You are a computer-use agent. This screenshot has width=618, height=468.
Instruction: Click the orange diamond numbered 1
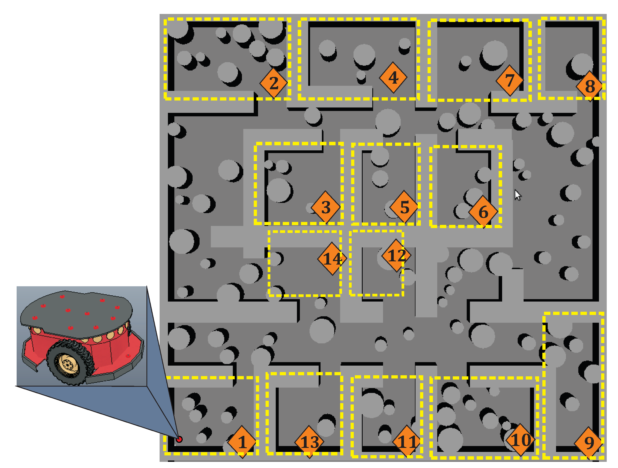242,442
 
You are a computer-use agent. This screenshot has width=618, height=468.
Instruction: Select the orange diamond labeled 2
274,83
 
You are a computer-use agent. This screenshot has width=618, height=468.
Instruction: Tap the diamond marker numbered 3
325,207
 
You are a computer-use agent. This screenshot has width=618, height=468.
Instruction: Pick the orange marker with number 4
393,77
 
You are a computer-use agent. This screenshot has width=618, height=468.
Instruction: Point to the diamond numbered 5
404,207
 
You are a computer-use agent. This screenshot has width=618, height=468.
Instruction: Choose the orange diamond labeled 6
483,212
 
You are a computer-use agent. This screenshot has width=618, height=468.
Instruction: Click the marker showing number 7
510,81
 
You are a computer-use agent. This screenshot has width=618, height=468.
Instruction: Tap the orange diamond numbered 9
589,443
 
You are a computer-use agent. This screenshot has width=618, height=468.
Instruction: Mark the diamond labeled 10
520,440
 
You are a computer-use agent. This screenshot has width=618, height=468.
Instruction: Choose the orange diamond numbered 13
309,442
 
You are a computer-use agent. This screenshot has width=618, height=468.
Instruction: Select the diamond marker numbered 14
332,259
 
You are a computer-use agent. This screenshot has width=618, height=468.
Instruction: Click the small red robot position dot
179,439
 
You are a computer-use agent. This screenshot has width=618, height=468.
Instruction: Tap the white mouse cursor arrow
517,195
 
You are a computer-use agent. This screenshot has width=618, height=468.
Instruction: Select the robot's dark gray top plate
76,311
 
